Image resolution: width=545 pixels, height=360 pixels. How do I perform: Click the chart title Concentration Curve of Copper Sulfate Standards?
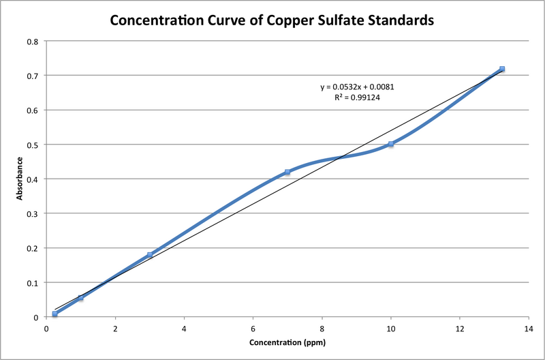coord(272,20)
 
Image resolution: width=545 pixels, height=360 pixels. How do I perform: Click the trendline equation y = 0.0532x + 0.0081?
coord(358,87)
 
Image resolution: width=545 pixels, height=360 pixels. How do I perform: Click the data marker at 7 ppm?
coord(287,172)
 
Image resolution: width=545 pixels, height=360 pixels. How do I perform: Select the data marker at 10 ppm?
coord(391,145)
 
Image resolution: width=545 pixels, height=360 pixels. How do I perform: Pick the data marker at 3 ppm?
coord(150,255)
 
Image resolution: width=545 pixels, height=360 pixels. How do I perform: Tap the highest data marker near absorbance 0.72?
coord(502,69)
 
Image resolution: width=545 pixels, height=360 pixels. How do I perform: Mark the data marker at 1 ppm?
coord(81,298)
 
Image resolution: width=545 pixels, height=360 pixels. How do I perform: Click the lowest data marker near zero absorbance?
coord(55,314)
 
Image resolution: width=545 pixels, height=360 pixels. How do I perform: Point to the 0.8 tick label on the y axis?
coord(32,41)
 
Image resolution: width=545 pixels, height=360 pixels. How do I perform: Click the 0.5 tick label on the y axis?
coord(32,145)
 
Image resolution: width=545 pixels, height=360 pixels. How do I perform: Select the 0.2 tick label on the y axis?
coord(32,248)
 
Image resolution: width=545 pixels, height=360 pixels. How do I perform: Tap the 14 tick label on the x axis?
coord(528,328)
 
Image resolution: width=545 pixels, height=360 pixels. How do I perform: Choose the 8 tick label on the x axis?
coord(322,328)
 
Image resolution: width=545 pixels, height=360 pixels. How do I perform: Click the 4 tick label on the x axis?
coord(184,328)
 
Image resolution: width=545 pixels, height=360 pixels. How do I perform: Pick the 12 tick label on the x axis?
coord(459,328)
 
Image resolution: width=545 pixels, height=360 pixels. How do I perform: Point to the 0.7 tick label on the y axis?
coord(32,76)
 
